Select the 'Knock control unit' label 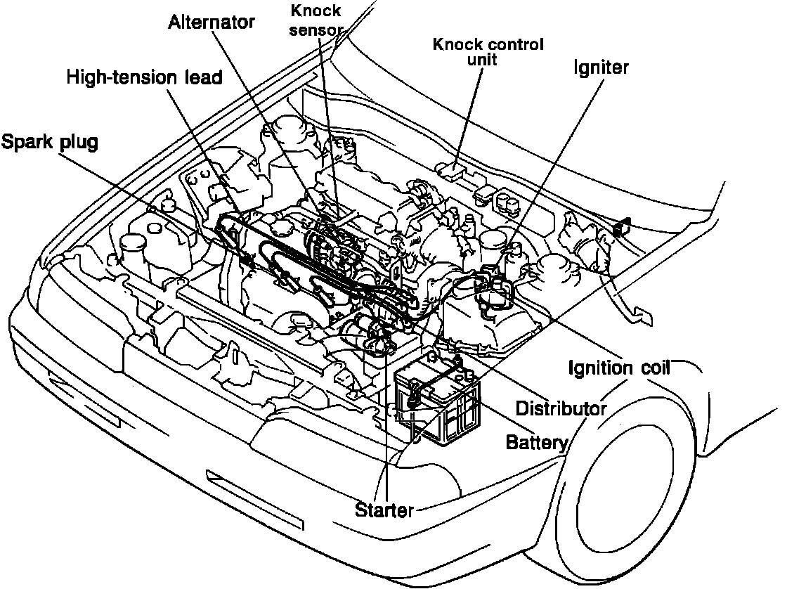click(x=488, y=52)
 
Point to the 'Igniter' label click(x=601, y=67)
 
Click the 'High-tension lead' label click(x=144, y=77)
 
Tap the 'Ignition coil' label click(x=619, y=368)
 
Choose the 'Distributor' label click(x=561, y=408)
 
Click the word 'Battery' click(x=536, y=443)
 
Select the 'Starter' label click(x=384, y=510)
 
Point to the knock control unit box click(x=450, y=169)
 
